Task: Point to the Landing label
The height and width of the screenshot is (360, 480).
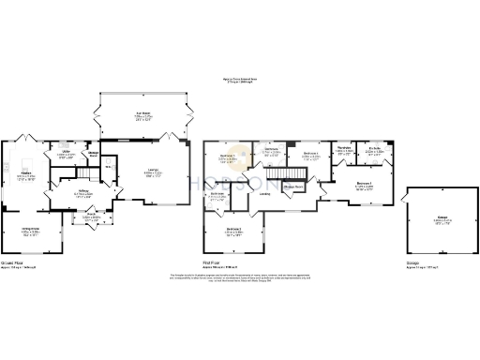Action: pyautogui.click(x=266, y=195)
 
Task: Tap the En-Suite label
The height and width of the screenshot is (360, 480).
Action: pyautogui.click(x=373, y=150)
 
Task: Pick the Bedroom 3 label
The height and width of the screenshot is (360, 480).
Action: pyautogui.click(x=233, y=231)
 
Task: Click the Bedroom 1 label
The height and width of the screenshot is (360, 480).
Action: pyautogui.click(x=366, y=186)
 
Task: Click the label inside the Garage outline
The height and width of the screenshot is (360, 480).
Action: pyautogui.click(x=441, y=221)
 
